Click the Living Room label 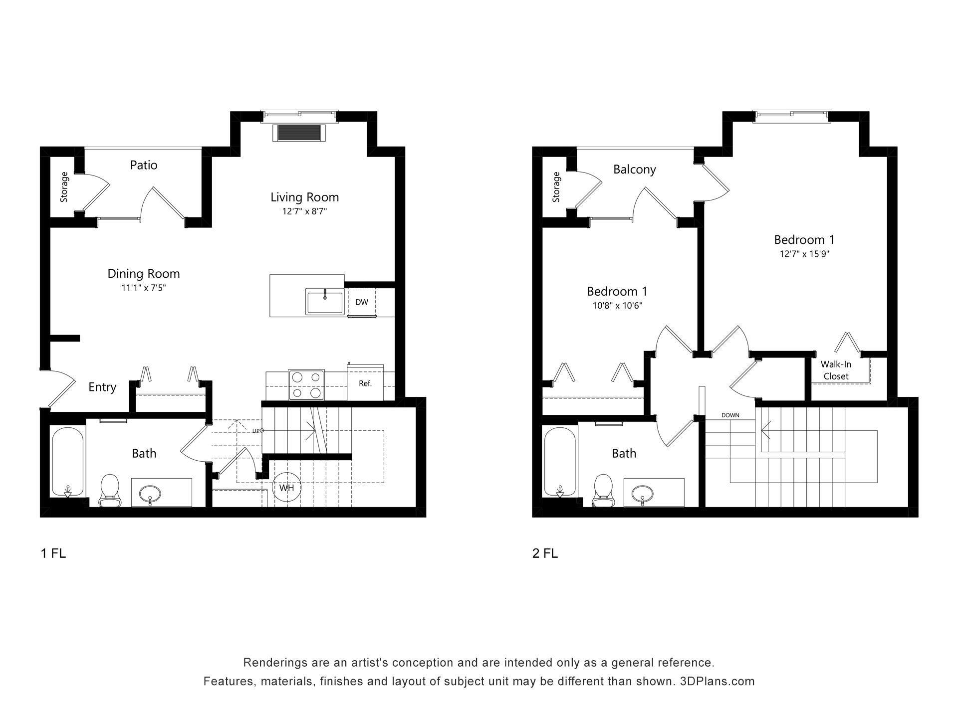(x=304, y=197)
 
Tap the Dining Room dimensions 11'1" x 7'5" (x=144, y=288)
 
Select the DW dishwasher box (x=361, y=302)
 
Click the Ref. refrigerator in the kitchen (x=365, y=383)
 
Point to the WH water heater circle (x=286, y=488)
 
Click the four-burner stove (x=306, y=385)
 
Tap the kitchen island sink (x=324, y=302)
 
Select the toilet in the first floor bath (x=109, y=490)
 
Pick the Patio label (x=144, y=165)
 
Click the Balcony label (x=634, y=170)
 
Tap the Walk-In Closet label (x=836, y=370)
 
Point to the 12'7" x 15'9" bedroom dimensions (x=804, y=254)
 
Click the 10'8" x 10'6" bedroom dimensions (x=617, y=306)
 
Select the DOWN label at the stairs (x=730, y=415)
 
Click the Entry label (x=102, y=387)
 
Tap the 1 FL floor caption (x=53, y=553)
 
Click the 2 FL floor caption (x=545, y=553)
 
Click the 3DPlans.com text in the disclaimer (x=717, y=681)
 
